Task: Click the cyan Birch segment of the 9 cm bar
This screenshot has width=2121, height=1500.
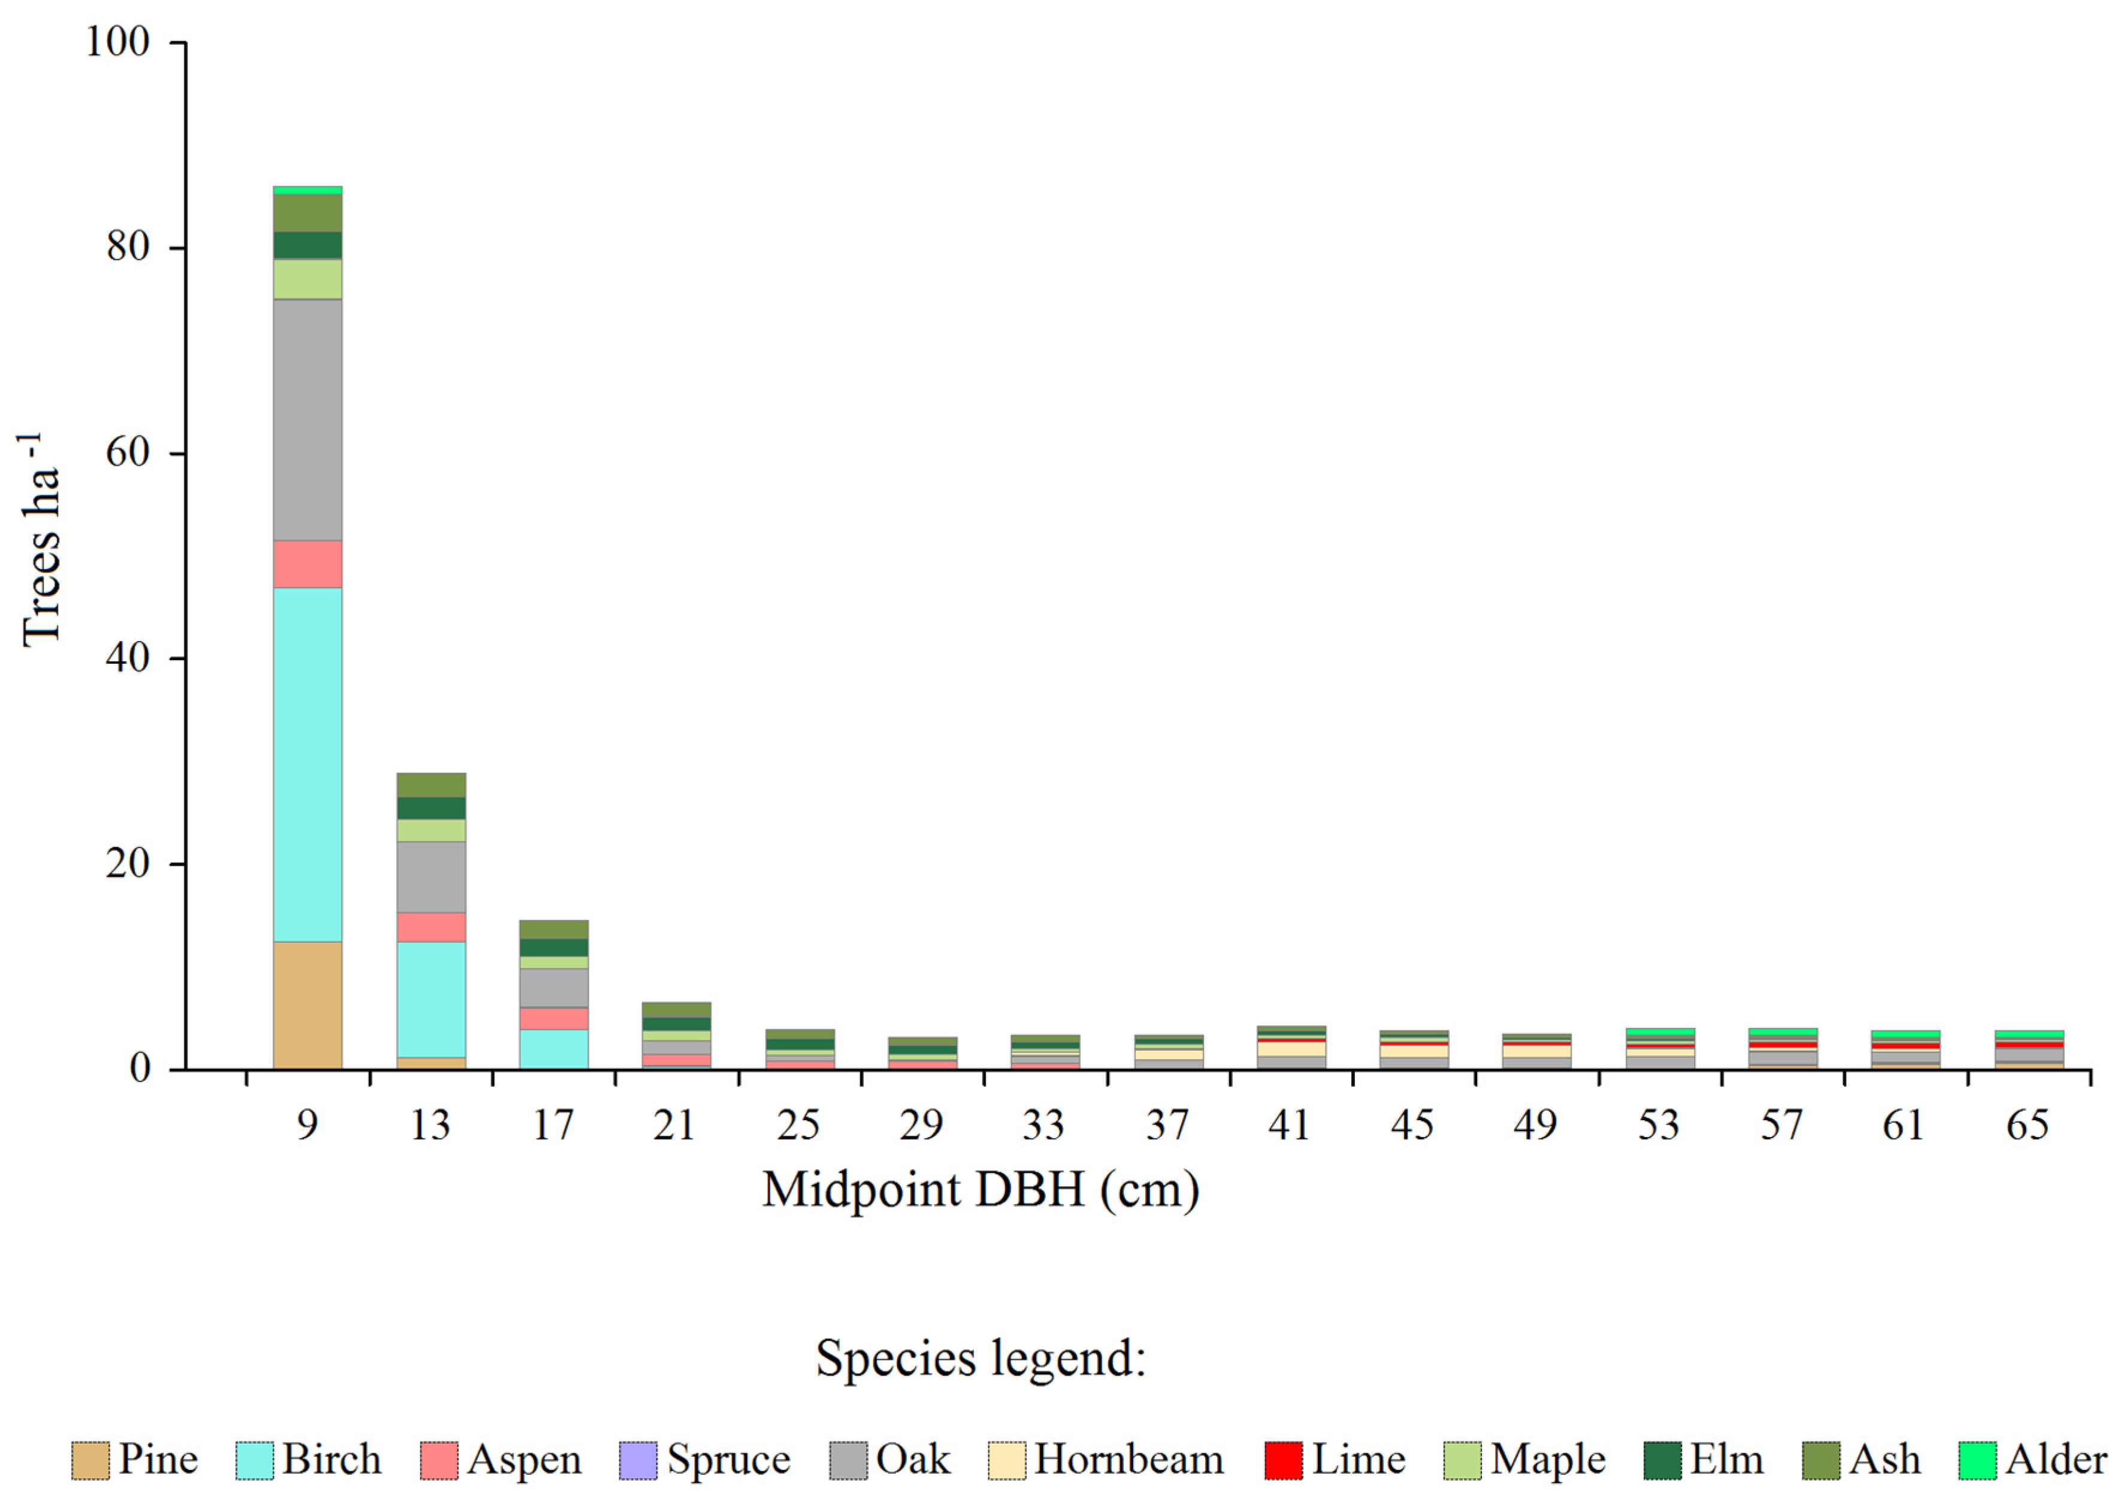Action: pos(308,765)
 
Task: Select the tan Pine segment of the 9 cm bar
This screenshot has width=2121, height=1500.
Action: pos(308,1005)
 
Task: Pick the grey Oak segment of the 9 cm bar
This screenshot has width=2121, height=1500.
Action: pos(308,421)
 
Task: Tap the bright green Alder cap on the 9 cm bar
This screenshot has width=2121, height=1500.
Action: pos(308,190)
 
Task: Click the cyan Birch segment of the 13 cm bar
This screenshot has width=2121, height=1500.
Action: pos(431,999)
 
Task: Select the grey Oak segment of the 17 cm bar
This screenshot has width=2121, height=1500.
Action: pos(553,987)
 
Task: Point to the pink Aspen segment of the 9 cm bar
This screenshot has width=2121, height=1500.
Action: pos(308,564)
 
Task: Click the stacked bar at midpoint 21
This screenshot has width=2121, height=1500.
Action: pos(676,1036)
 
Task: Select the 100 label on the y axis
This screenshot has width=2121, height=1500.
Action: pos(117,43)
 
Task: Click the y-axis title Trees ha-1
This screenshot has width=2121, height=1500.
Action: pos(41,540)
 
